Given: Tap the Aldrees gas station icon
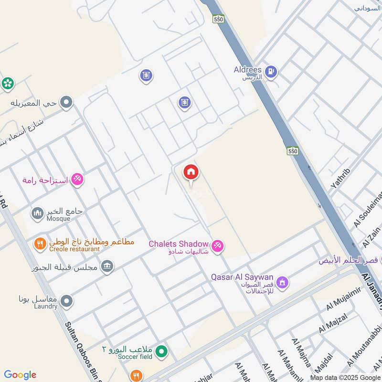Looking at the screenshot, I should point(271,72).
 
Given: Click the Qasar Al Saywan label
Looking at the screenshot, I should point(242,277).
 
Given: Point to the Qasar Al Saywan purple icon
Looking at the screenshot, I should point(283,282).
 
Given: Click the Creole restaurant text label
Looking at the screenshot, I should point(74,249).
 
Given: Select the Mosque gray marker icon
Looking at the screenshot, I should point(37,213).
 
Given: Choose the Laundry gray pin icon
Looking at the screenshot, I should point(67,301).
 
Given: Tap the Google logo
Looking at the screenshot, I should point(20,375).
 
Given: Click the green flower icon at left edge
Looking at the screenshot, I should point(7,83).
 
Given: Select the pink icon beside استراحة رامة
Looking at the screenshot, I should point(77,180).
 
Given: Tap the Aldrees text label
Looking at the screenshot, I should point(247,70).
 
